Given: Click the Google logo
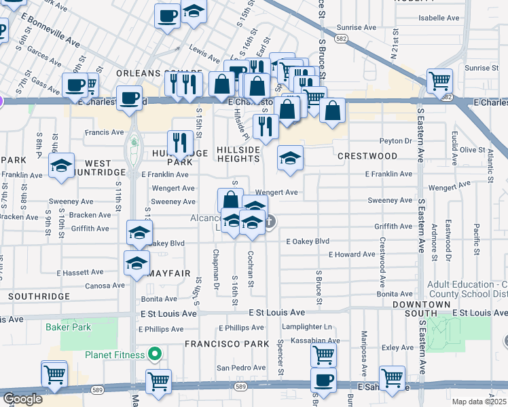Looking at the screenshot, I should (22, 399).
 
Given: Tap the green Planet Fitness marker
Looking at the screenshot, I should (156, 354).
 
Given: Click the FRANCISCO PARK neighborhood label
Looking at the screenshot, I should (228, 344).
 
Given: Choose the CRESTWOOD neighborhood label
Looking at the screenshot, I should (367, 156).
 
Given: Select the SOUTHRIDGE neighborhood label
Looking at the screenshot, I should (39, 296).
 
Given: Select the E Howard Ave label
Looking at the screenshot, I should (351, 254).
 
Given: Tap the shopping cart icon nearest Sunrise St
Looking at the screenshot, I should (440, 81).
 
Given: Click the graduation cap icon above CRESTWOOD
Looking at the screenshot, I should (290, 159).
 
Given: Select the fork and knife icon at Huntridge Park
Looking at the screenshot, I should (180, 142).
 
